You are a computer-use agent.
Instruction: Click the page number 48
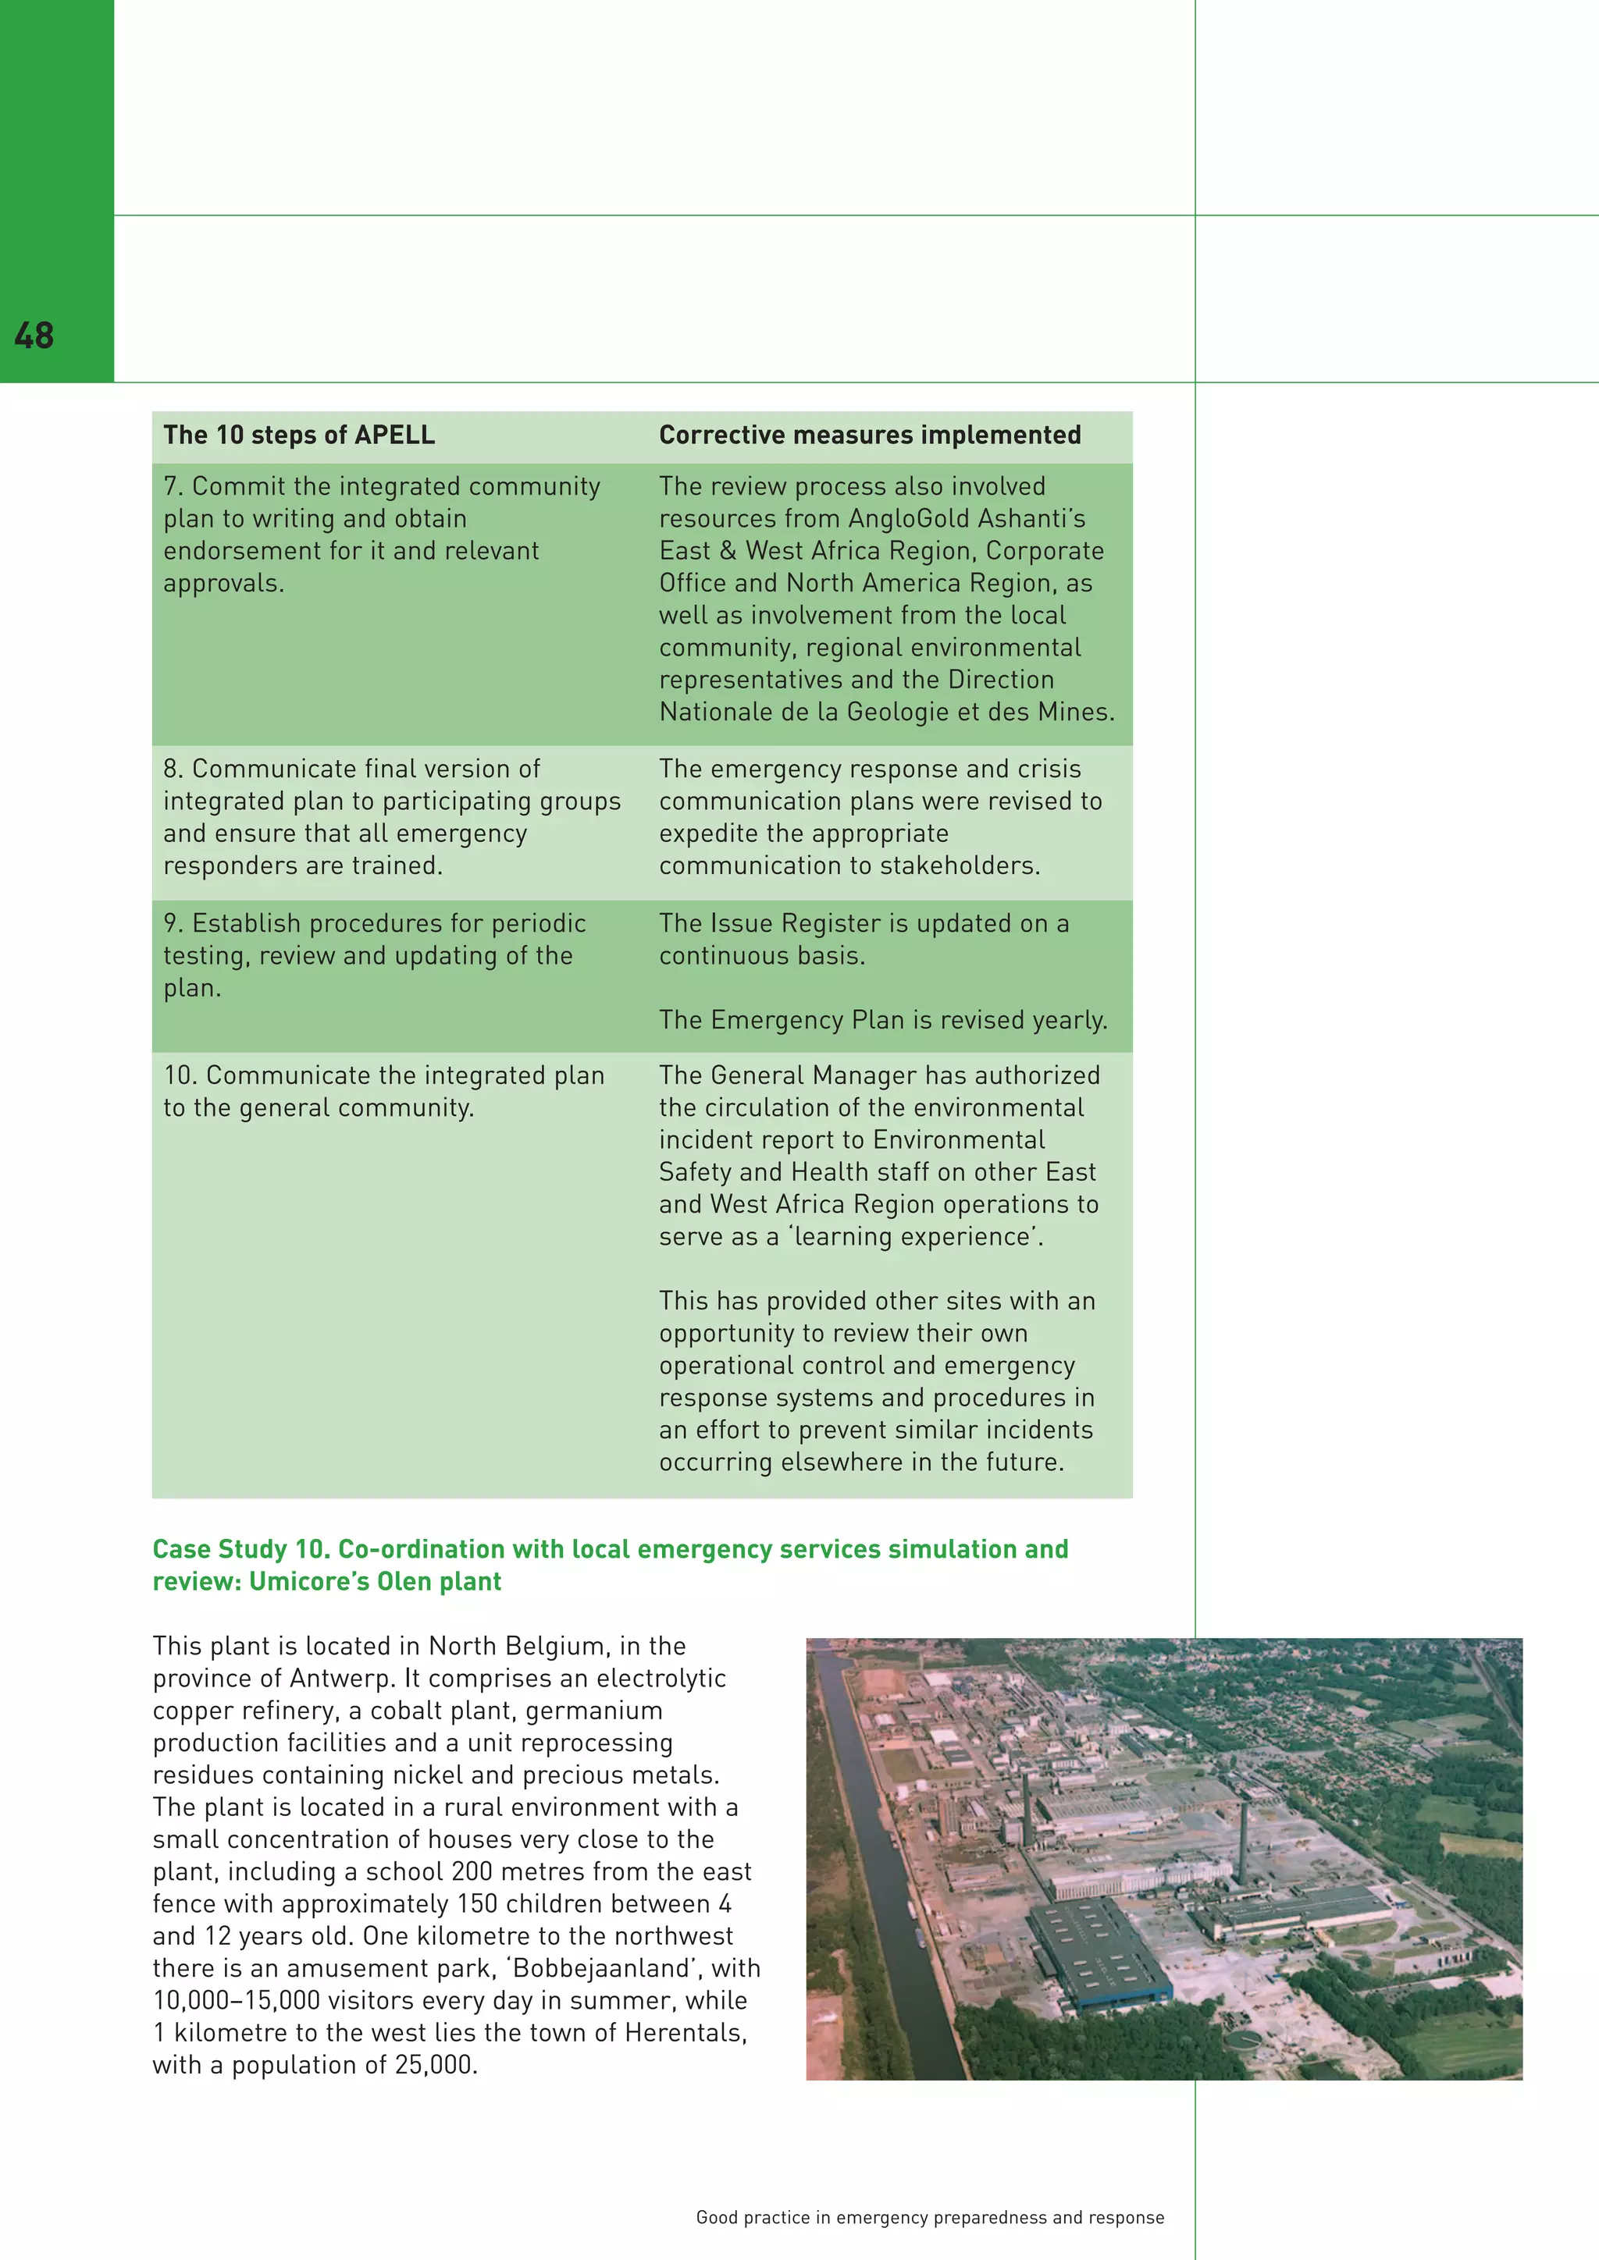tap(34, 336)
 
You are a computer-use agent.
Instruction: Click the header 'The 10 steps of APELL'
tap(298, 435)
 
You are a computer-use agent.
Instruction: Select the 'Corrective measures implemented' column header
tap(870, 435)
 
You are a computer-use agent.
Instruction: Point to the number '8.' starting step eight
tap(173, 769)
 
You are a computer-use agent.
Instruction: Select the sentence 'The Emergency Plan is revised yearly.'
tap(883, 1020)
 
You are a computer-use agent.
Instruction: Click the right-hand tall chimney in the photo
tap(1241, 1842)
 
